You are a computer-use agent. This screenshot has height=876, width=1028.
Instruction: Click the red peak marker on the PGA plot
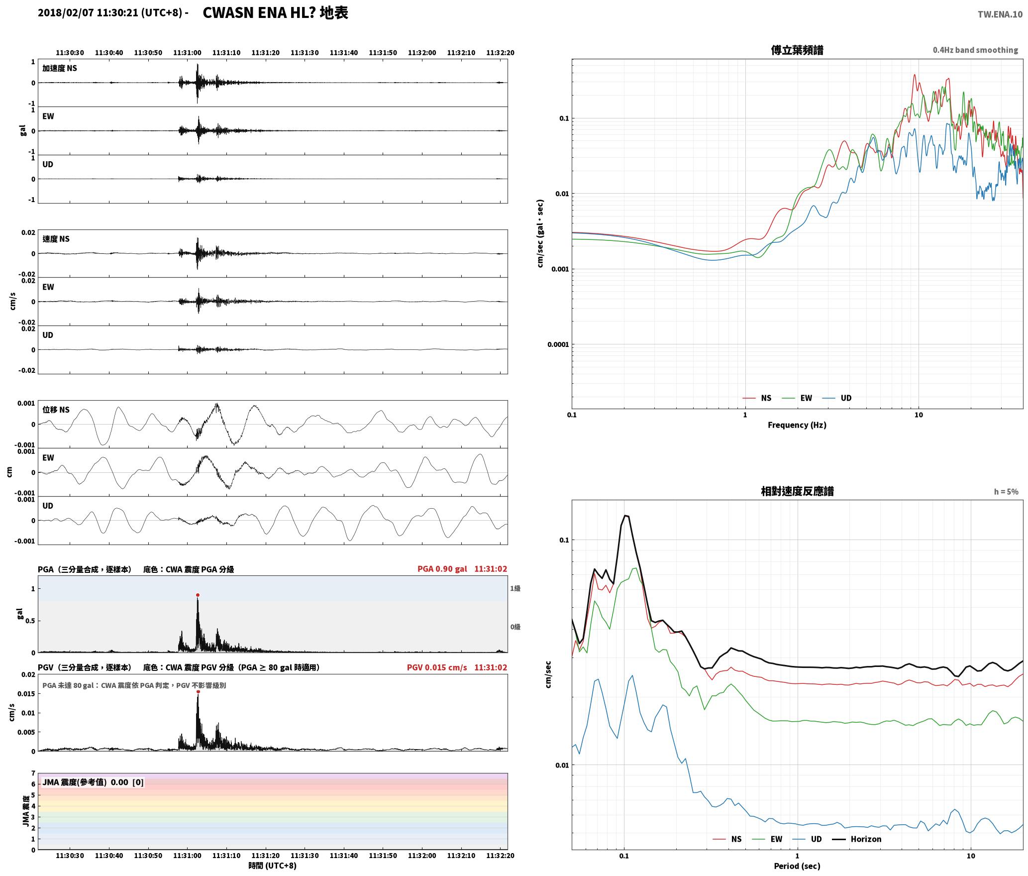(x=198, y=595)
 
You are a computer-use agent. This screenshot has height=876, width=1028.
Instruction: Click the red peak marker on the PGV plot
(x=198, y=691)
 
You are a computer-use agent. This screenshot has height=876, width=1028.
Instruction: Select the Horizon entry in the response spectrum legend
(x=866, y=839)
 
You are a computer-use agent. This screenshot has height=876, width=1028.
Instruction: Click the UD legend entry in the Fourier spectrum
(x=846, y=398)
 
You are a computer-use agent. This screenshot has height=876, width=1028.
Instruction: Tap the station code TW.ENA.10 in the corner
(x=1000, y=14)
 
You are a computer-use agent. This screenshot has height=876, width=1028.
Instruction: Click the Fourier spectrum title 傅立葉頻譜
(x=797, y=50)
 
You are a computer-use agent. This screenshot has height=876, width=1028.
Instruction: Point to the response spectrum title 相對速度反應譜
(x=797, y=491)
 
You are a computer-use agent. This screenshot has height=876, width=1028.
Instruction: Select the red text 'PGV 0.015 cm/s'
(x=437, y=667)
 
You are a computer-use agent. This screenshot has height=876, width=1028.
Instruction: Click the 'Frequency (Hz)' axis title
(x=797, y=425)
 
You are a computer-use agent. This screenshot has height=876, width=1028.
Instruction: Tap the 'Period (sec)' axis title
(x=797, y=866)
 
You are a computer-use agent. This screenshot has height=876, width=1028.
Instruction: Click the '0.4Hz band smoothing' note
(x=975, y=50)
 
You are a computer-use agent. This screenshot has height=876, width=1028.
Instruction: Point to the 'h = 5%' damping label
(x=1006, y=492)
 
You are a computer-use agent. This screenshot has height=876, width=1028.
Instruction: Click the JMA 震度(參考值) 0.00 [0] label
(x=93, y=782)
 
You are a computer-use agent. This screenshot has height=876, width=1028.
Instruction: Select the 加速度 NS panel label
(x=60, y=68)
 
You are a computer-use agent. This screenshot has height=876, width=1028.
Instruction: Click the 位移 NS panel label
(x=56, y=410)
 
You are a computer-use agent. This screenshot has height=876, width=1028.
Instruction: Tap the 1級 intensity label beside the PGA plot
(x=515, y=588)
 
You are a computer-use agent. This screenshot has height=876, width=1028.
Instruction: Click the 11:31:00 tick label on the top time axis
(x=187, y=52)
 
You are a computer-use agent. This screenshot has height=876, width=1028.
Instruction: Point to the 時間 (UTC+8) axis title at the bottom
(x=273, y=866)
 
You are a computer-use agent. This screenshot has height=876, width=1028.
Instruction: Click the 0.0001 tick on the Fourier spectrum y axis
(x=558, y=344)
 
